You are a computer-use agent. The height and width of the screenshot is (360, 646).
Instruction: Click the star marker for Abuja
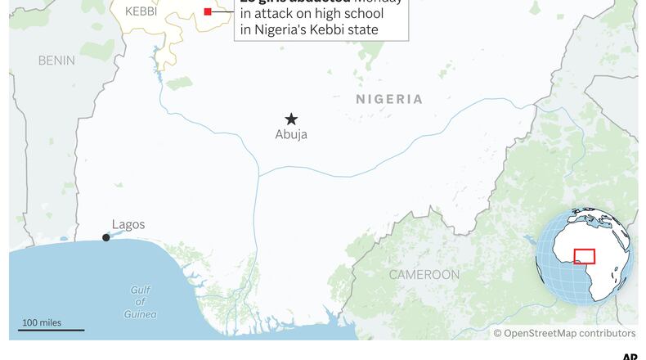(291, 119)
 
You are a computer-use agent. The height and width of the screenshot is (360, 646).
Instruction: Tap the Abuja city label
(291, 135)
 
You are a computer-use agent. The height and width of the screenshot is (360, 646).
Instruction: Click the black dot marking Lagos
(105, 238)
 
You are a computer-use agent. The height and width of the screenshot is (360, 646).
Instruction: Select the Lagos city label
(128, 225)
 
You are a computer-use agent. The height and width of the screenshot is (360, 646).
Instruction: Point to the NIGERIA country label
(389, 100)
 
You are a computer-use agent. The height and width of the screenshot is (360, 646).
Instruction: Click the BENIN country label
(56, 61)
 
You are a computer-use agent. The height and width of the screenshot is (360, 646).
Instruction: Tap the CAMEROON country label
(424, 275)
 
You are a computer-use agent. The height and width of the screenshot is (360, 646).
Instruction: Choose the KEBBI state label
(140, 11)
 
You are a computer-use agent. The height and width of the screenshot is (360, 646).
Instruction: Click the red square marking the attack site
(208, 11)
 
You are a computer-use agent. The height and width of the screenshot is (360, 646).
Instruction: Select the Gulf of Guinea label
(141, 302)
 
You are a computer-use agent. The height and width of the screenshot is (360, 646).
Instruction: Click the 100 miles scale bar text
(41, 322)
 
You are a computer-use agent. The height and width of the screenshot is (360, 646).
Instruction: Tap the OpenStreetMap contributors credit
(564, 334)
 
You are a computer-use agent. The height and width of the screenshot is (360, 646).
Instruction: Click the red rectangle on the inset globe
(584, 256)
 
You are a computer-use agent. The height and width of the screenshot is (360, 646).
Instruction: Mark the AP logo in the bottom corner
(630, 356)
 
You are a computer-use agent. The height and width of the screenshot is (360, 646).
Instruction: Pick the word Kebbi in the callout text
(343, 32)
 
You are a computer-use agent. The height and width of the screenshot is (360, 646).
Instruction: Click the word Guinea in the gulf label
(141, 314)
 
